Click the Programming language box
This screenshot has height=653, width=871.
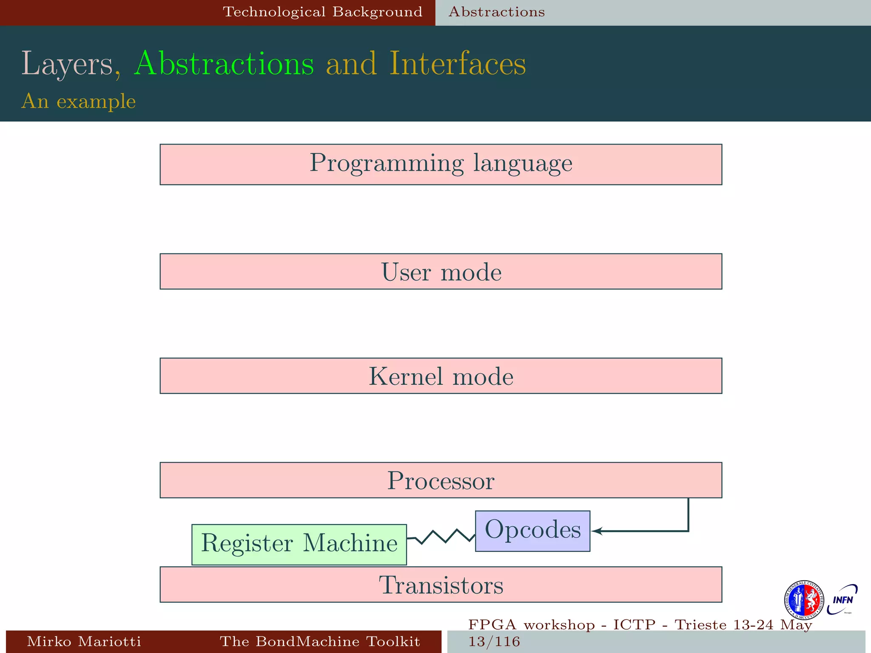click(441, 164)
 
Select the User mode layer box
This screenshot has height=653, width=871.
click(441, 272)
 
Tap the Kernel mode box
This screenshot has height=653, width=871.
click(441, 376)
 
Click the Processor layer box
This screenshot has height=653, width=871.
click(441, 480)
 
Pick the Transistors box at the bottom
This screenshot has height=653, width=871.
click(441, 585)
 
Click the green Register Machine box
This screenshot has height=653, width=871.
click(299, 544)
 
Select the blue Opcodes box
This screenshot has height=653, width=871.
click(532, 531)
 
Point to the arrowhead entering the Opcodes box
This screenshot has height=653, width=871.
click(595, 531)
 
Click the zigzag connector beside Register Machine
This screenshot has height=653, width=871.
click(441, 537)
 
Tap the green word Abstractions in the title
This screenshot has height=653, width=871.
click(224, 64)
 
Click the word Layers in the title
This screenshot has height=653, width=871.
click(67, 64)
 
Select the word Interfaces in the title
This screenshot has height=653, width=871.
click(458, 64)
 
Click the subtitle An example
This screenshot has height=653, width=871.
click(79, 101)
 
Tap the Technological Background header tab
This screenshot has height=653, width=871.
click(322, 12)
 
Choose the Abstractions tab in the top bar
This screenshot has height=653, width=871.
click(496, 12)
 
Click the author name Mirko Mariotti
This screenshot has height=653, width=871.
click(84, 641)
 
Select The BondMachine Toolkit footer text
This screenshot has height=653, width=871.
click(320, 641)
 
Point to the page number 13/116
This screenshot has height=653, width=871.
click(494, 642)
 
